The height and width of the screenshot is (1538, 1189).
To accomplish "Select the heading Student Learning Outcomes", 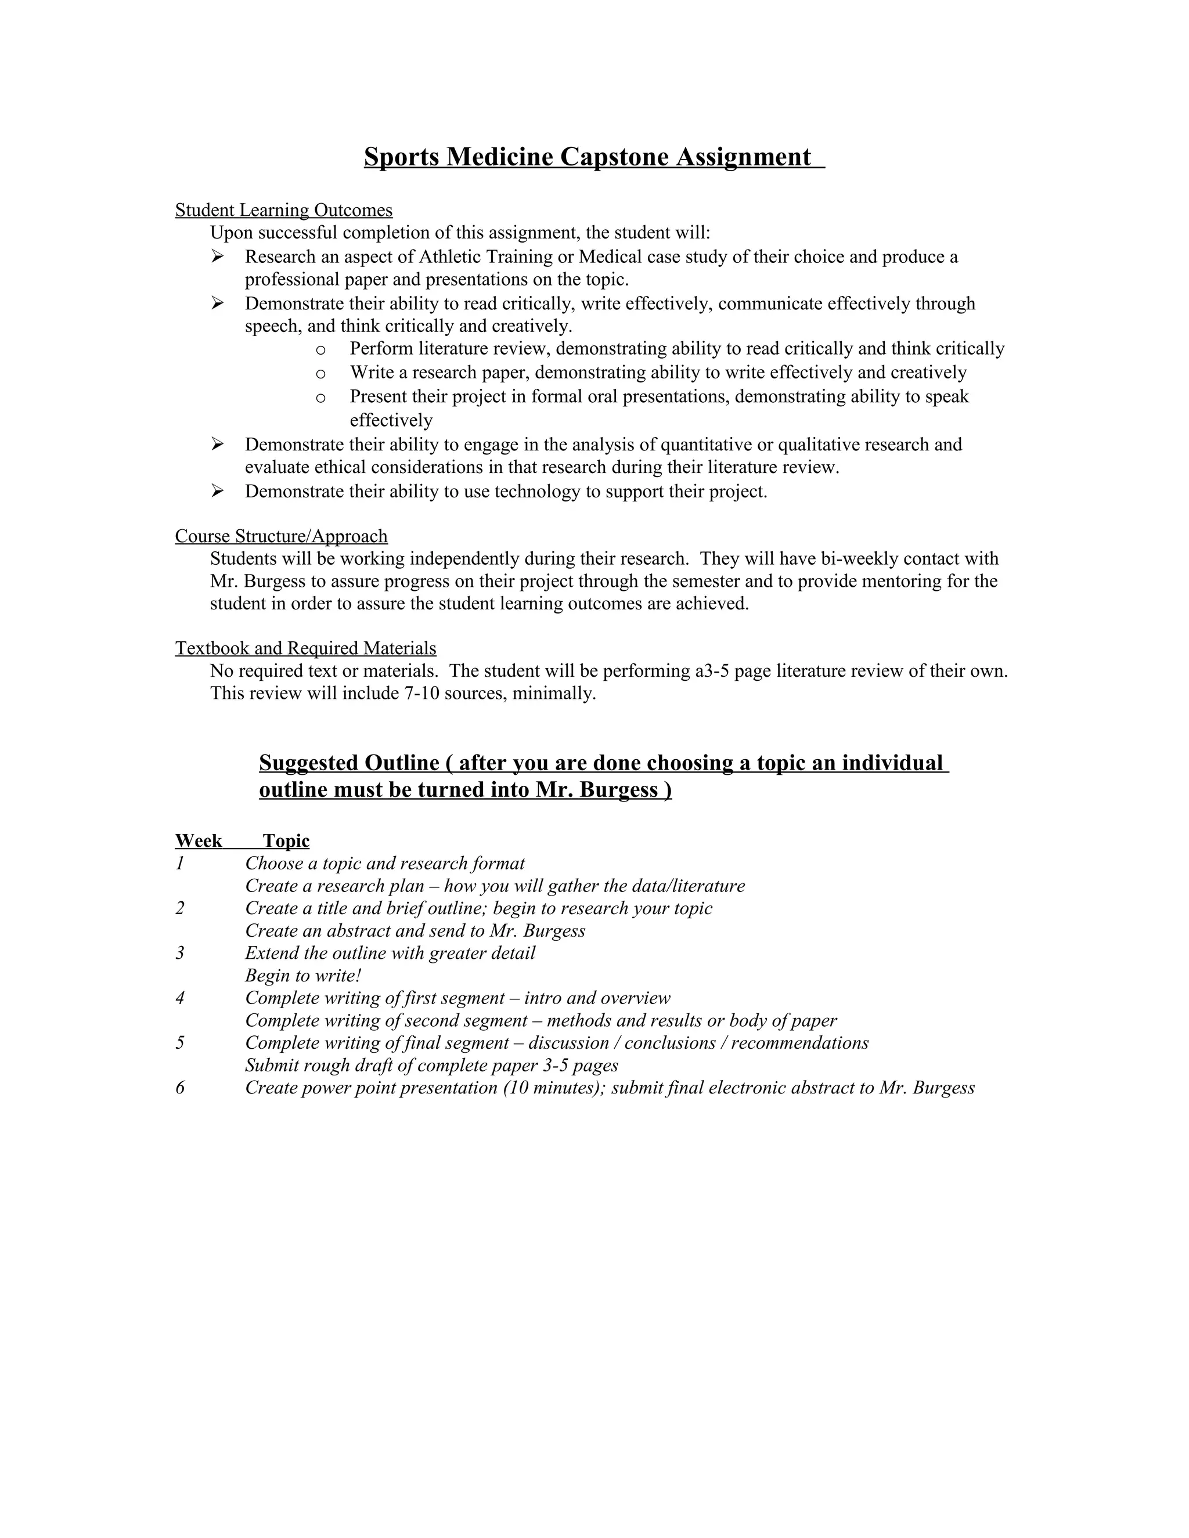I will click(284, 210).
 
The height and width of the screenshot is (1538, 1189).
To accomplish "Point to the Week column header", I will click(199, 841).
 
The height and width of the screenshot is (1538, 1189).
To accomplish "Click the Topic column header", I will click(286, 841).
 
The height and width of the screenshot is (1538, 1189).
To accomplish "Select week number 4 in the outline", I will click(181, 998).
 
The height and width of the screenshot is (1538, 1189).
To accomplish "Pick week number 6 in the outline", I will click(181, 1088).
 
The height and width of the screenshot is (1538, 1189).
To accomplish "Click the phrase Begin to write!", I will click(303, 976).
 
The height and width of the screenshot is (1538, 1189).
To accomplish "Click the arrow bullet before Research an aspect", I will click(218, 257).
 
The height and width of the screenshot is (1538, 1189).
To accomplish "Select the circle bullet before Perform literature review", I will click(320, 349).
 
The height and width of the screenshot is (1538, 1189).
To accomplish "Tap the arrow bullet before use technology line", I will click(218, 492).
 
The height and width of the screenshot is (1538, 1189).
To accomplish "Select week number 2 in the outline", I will click(181, 908).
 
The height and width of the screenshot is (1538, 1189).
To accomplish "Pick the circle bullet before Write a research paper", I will click(320, 373).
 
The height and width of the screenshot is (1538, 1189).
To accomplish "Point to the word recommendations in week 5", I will click(799, 1043).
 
